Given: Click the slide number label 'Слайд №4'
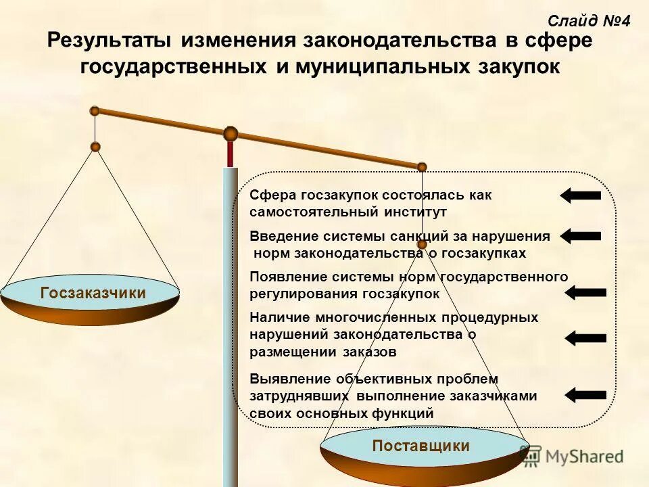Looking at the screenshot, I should point(588,21).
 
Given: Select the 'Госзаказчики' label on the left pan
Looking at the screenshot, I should point(93,294).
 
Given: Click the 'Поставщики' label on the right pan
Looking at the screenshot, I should point(420,446).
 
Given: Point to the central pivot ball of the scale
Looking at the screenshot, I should point(231,133).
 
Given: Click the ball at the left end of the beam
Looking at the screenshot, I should point(95,110).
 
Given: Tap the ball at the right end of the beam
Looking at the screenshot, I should point(422,166).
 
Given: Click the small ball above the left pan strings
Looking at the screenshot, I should point(95,147).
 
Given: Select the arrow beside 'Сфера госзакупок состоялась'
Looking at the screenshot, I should point(580,195).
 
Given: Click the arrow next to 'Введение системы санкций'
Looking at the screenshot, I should point(580,236).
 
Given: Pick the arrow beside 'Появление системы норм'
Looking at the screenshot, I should point(585,293).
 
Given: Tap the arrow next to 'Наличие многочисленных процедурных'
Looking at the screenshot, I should point(585,338).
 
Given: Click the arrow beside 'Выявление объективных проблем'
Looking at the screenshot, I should point(585,394).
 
